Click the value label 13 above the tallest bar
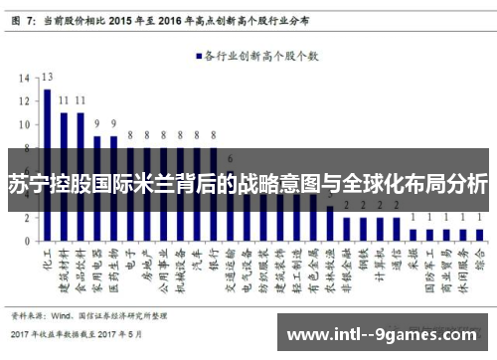(x=47, y=77)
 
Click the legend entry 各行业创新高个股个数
(x=260, y=57)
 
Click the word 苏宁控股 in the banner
(x=40, y=184)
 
